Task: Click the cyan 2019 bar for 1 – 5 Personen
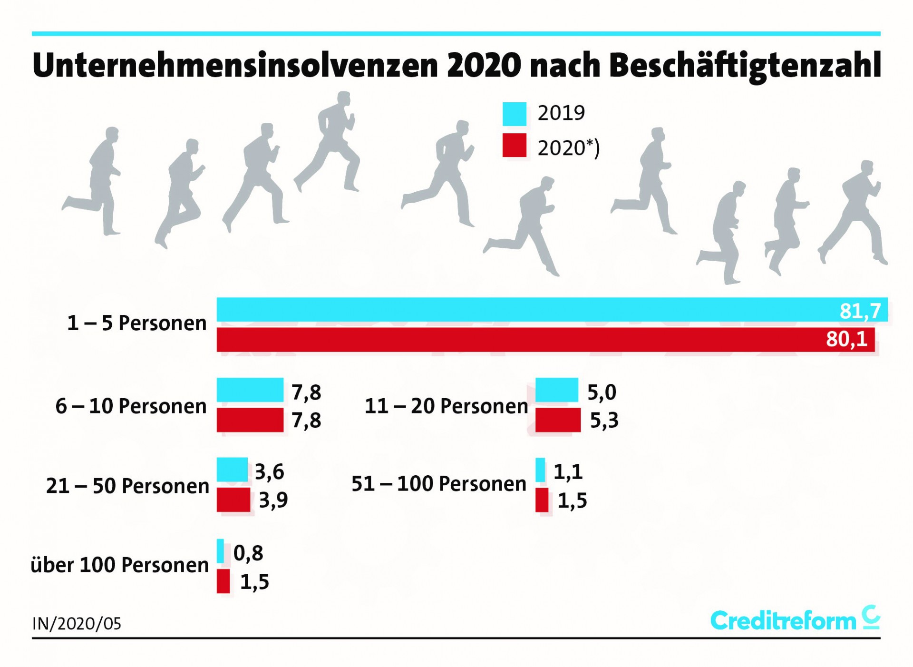pyautogui.click(x=523, y=310)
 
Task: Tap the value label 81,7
pyautogui.click(x=860, y=311)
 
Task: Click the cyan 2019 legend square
pyautogui.click(x=515, y=114)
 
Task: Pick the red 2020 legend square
pyautogui.click(x=515, y=145)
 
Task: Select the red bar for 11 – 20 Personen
pyautogui.click(x=558, y=420)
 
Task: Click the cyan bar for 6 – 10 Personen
pyautogui.click(x=250, y=390)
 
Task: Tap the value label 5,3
pyautogui.click(x=604, y=420)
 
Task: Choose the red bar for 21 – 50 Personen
pyautogui.click(x=233, y=500)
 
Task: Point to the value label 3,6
pyautogui.click(x=270, y=471)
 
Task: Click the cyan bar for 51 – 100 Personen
pyautogui.click(x=540, y=470)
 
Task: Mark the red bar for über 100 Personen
pyautogui.click(x=223, y=581)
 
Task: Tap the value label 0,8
pyautogui.click(x=248, y=553)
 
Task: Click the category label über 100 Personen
pyautogui.click(x=120, y=565)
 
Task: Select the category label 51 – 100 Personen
pyautogui.click(x=439, y=484)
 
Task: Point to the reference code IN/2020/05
pyautogui.click(x=77, y=624)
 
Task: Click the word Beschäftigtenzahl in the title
pyautogui.click(x=745, y=65)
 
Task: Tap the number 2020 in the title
pyautogui.click(x=484, y=65)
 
